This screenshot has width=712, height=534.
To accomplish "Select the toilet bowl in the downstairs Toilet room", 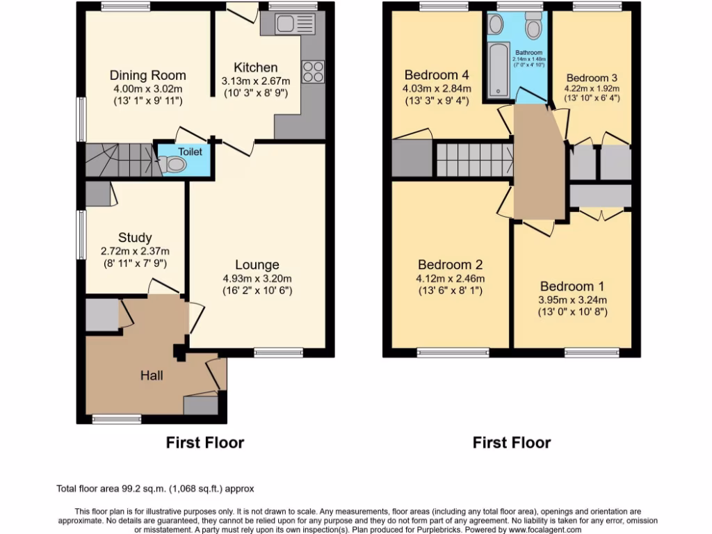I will (175, 164).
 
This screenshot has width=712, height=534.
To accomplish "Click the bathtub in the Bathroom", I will (499, 70).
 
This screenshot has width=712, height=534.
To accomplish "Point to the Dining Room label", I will (147, 75).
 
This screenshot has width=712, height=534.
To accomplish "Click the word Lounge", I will (257, 264).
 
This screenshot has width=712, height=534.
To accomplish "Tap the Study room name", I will (135, 238).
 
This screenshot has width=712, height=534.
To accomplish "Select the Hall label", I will (152, 375).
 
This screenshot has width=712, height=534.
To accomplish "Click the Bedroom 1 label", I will (572, 286).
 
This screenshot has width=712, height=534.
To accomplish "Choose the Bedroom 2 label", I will (450, 264).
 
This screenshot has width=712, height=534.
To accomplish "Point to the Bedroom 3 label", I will (592, 78).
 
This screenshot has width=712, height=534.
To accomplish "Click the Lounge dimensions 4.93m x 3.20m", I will (257, 278).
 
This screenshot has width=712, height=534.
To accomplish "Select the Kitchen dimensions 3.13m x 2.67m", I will (255, 81).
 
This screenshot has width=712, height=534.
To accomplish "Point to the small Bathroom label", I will (528, 52).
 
